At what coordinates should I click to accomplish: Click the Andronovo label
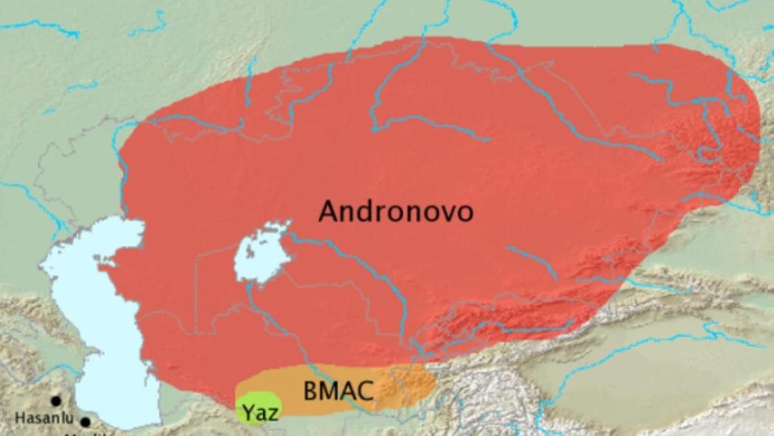click(396, 211)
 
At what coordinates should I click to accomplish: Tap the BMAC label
click(338, 392)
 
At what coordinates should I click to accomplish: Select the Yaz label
click(261, 413)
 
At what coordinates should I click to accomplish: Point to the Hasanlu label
click(44, 418)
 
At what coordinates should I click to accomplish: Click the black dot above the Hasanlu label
click(55, 401)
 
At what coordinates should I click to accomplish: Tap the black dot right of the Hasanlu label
click(85, 421)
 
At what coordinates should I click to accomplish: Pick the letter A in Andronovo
click(328, 211)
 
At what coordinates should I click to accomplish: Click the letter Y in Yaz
click(248, 413)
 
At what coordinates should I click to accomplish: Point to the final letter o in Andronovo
click(465, 212)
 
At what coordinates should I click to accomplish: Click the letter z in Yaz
click(273, 414)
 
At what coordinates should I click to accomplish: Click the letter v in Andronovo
click(448, 212)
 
